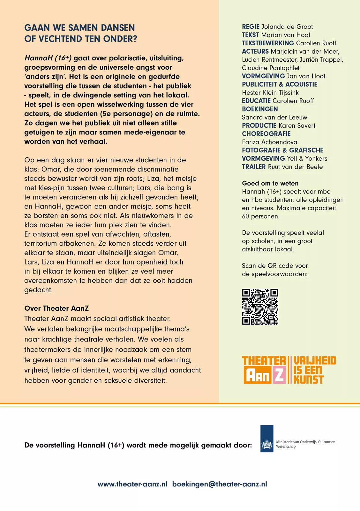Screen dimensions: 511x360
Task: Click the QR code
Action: [260, 307]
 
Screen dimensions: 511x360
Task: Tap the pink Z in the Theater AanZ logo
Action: [279, 376]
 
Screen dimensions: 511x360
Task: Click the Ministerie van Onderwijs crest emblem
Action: [266, 444]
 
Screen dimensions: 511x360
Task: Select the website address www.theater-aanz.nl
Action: [132, 484]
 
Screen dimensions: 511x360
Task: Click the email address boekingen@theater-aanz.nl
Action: [220, 484]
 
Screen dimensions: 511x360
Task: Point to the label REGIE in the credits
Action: [251, 27]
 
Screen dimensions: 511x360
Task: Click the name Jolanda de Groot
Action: [287, 27]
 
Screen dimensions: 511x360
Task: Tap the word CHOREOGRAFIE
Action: [266, 134]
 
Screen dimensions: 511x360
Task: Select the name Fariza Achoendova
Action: [269, 142]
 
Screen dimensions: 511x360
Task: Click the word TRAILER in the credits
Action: [254, 167]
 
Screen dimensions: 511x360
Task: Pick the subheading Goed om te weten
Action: [270, 183]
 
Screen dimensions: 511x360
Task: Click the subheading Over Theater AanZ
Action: [56, 308]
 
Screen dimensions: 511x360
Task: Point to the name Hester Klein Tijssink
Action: [270, 93]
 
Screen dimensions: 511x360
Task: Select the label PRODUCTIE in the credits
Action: [259, 126]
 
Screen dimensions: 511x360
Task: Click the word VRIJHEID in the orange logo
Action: [315, 361]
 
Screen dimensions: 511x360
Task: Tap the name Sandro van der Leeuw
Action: [274, 117]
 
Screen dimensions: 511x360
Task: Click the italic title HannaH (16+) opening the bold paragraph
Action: [48, 58]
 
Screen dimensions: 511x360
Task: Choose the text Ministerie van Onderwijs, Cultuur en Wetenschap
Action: [305, 444]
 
